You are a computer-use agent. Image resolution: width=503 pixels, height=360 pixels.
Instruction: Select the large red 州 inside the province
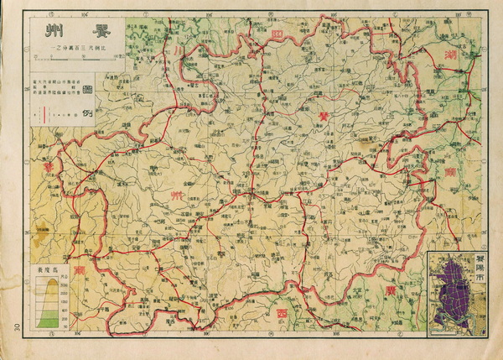point(178,195)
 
